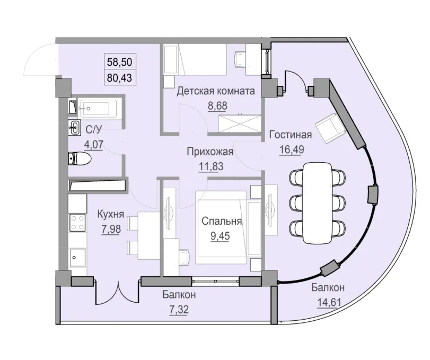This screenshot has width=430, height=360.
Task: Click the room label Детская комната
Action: tap(215, 91)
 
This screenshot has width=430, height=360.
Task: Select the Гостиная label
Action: tap(290, 134)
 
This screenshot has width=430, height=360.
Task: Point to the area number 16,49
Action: tap(290, 149)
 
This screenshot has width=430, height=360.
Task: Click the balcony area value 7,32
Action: tap(180, 309)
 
